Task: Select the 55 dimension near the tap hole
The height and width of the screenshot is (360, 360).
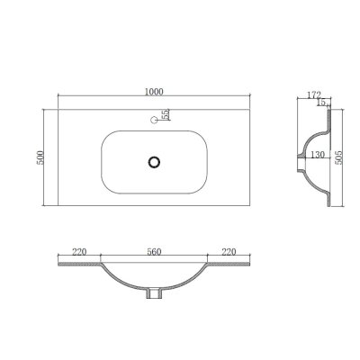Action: (x=166, y=115)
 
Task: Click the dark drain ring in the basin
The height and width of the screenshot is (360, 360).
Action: (x=155, y=161)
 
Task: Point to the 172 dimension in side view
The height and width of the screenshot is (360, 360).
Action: (x=313, y=94)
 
